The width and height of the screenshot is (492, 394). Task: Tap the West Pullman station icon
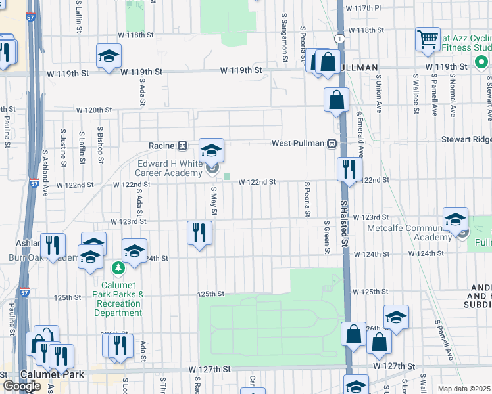[x=332, y=144]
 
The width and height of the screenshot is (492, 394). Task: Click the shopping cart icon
[x=428, y=39]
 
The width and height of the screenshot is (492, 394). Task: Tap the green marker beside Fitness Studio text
[x=480, y=66]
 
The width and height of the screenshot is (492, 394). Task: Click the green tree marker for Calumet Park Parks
[x=118, y=268]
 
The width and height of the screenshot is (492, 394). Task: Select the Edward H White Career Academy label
[x=169, y=168]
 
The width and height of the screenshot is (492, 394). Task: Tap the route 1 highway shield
[x=338, y=39]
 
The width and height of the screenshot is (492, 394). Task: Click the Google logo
[x=22, y=386]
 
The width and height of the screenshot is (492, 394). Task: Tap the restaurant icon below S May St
[x=199, y=232]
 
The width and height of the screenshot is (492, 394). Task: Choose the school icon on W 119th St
[x=109, y=56]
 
